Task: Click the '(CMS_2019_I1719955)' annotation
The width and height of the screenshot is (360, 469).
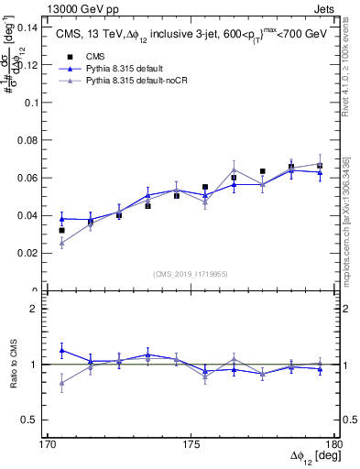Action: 191,273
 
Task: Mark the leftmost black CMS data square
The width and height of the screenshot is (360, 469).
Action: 62,231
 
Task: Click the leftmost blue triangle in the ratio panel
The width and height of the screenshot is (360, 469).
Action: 62,350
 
